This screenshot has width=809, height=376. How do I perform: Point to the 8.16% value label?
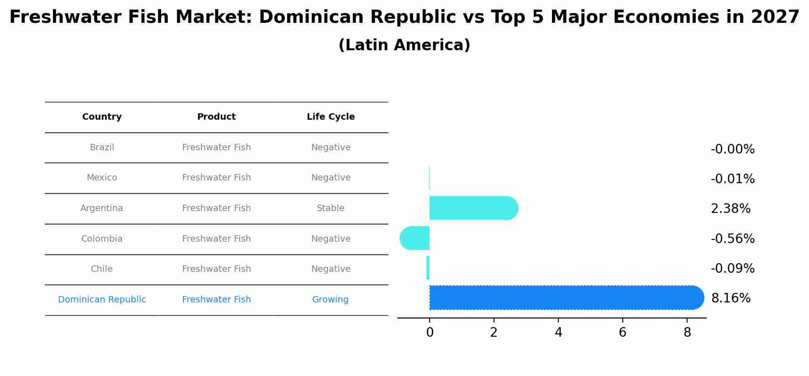coord(730,298)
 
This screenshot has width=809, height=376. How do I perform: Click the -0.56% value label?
coord(732,239)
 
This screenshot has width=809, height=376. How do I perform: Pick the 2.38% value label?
coord(730,209)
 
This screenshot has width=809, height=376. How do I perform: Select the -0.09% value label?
coord(732,269)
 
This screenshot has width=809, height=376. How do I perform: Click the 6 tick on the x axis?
coord(622,333)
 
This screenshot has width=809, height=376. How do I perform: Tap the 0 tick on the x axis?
coord(430,333)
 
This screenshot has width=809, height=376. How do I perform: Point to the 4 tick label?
coord(558,333)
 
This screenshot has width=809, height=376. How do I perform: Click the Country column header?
coord(102,117)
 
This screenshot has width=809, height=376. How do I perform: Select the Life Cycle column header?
coord(331,117)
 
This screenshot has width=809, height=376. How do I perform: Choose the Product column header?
coord(216,117)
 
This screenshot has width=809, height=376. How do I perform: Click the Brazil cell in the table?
coord(102,148)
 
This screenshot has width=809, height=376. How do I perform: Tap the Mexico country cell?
coord(102,178)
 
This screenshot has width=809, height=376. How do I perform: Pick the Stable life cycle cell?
coord(331,208)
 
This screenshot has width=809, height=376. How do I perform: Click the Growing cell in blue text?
coord(330,300)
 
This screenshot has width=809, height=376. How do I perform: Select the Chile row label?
coord(102,269)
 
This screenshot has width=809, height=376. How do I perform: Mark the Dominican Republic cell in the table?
coord(102,300)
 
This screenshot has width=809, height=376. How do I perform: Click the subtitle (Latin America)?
coord(404,45)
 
